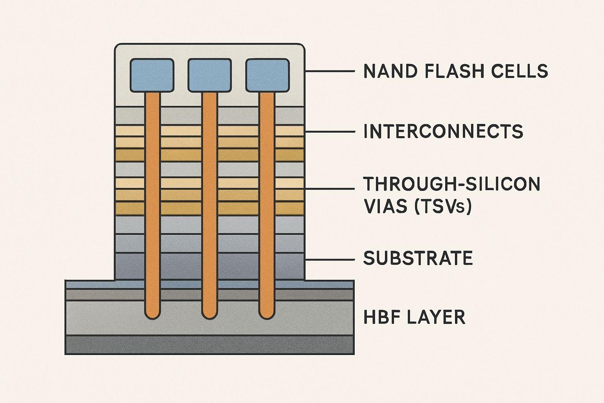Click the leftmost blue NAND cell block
[152, 75]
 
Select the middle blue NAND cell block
[210, 75]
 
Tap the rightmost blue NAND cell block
[267, 75]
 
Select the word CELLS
[519, 71]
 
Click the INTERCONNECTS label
[444, 131]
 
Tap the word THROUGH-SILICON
[452, 184]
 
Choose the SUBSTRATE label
[418, 258]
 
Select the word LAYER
[436, 317]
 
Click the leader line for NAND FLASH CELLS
[330, 71]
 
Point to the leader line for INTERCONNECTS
[330, 132]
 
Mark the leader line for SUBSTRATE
[330, 260]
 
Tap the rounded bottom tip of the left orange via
[153, 318]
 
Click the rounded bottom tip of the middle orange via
[210, 318]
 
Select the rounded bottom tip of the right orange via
[267, 318]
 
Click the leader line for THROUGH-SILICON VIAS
[330, 189]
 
